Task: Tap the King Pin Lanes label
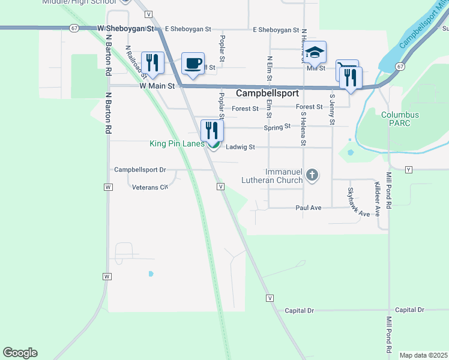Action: [177, 144]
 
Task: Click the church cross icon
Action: [311, 175]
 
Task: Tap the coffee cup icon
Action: [192, 63]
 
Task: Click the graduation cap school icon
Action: [315, 53]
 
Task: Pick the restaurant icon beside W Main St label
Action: [152, 63]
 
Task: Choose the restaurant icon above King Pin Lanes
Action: [211, 130]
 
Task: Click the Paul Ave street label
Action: [309, 208]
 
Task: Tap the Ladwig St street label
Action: [241, 147]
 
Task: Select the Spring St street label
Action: [277, 127]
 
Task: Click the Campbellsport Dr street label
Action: [140, 170]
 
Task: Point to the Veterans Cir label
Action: [150, 187]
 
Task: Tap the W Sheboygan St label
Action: [125, 28]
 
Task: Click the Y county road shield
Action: [409, 169]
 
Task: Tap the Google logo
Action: [20, 353]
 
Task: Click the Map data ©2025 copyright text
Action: [423, 355]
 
